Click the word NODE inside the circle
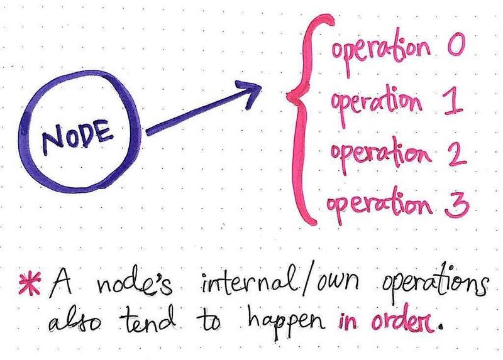77,136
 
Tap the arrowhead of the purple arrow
250,93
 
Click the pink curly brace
306,119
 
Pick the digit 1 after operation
453,102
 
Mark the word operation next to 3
379,205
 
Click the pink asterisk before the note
30,283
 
